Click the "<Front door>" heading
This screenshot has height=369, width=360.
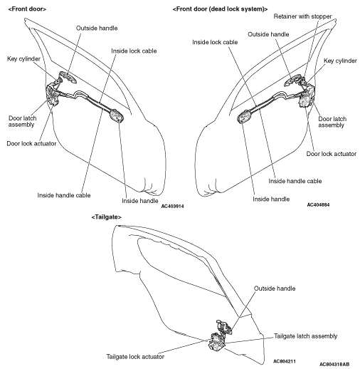pyautogui.click(x=27, y=9)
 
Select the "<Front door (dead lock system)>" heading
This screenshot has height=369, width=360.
pyautogui.click(x=220, y=9)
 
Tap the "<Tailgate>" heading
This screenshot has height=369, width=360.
pyautogui.click(x=107, y=217)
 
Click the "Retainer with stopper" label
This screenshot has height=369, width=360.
pyautogui.click(x=302, y=16)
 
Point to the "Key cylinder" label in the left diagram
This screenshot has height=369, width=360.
pyautogui.click(x=23, y=59)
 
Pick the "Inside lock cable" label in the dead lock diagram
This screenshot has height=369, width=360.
pyautogui.click(x=215, y=42)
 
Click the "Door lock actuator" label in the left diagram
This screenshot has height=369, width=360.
pyautogui.click(x=31, y=144)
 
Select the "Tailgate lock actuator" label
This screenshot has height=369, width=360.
pyautogui.click(x=135, y=357)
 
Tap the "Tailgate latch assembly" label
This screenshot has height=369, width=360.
pyautogui.click(x=306, y=336)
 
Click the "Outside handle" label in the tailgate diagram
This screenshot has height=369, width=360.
pyautogui.click(x=275, y=289)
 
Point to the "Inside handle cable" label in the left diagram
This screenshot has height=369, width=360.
pyautogui.click(x=64, y=195)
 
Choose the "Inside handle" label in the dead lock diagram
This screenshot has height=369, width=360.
pyautogui.click(x=271, y=199)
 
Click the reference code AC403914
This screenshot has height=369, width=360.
pyautogui.click(x=172, y=206)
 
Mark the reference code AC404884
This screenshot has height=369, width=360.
pyautogui.click(x=318, y=204)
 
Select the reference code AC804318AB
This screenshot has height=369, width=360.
pyautogui.click(x=334, y=364)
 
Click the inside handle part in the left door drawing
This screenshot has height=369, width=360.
pyautogui.click(x=117, y=115)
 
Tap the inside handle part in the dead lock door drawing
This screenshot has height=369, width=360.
pyautogui.click(x=244, y=116)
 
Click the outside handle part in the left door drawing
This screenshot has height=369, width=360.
pyautogui.click(x=68, y=77)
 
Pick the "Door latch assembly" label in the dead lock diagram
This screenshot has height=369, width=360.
pyautogui.click(x=332, y=122)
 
